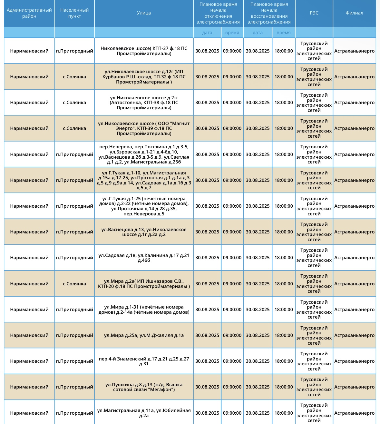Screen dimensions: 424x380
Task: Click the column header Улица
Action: [x=144, y=13]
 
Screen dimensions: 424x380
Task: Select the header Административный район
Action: [x=29, y=13]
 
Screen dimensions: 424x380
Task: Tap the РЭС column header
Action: [x=314, y=13]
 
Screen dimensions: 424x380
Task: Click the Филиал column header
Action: [x=354, y=13]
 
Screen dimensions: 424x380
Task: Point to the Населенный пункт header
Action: [x=74, y=13]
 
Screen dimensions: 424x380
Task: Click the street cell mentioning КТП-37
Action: [x=144, y=51]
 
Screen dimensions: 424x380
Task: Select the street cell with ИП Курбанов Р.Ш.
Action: [x=144, y=77]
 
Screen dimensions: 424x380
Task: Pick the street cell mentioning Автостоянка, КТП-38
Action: [x=144, y=103]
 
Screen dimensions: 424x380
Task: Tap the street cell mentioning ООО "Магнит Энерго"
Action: [x=144, y=128]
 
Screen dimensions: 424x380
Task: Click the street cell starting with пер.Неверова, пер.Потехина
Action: [x=144, y=154]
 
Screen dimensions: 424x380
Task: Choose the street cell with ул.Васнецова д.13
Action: [x=144, y=232]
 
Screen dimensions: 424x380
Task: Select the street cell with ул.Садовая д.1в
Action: [x=144, y=258]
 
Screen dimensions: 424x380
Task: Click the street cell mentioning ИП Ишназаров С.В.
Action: [x=144, y=284]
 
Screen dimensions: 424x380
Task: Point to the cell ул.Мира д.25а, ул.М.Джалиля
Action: [x=144, y=335]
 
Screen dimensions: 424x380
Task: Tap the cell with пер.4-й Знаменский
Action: [x=144, y=361]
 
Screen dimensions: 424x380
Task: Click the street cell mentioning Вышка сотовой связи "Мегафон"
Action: [x=144, y=387]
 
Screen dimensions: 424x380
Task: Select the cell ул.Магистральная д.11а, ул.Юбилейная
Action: [x=144, y=413]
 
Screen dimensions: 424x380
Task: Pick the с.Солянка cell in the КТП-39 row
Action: [x=74, y=128]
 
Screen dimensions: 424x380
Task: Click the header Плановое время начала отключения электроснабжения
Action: [x=218, y=13]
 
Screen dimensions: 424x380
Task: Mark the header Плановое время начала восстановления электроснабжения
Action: [x=269, y=13]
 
